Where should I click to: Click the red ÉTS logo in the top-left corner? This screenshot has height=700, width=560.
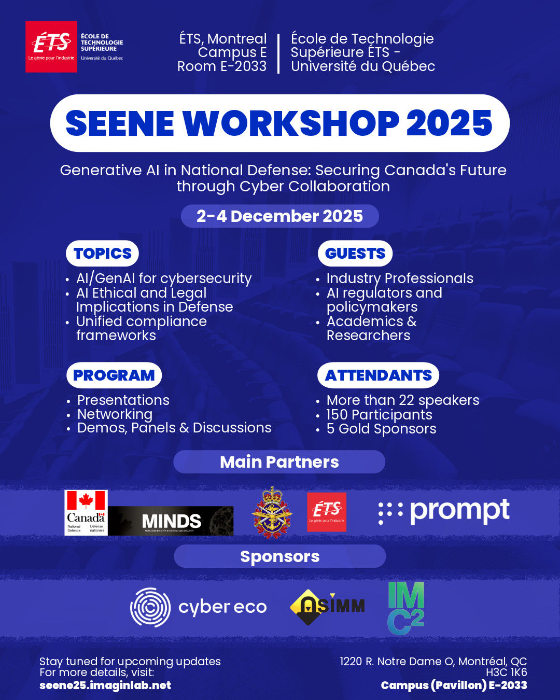[51, 47]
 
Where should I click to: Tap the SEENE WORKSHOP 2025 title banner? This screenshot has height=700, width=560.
[279, 123]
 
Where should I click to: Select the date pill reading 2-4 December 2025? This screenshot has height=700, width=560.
[279, 216]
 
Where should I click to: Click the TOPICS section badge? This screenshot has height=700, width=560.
[103, 254]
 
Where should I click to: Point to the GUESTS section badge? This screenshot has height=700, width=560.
[355, 254]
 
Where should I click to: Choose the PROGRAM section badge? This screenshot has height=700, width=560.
[114, 375]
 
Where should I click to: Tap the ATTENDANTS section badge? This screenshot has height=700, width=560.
[379, 375]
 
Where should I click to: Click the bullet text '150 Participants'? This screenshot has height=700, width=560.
[379, 415]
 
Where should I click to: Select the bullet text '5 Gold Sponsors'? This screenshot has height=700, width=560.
[381, 429]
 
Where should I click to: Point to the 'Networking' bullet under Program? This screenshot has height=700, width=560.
[115, 414]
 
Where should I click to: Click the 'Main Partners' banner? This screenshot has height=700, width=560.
[279, 462]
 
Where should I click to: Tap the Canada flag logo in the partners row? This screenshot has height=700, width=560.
[86, 512]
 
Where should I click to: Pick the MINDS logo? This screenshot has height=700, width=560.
[171, 521]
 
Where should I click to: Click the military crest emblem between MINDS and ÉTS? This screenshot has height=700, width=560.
[272, 513]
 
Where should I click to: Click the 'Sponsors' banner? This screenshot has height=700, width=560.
[280, 556]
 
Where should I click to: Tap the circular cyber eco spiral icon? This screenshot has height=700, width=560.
[150, 607]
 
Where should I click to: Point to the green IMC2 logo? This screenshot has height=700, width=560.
[406, 608]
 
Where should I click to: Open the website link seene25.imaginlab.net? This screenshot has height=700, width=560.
[105, 685]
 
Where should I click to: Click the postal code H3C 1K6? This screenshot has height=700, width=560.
[506, 673]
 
